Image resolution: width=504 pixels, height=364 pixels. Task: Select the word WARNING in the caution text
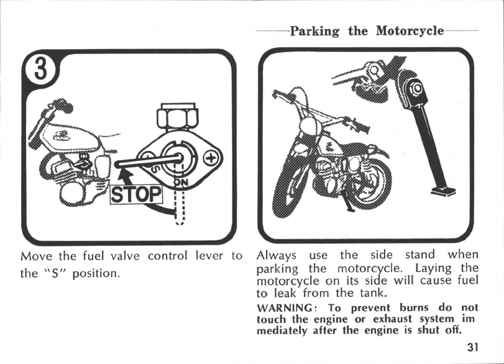[285, 307]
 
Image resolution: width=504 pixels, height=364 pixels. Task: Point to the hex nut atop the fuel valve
[178, 117]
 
